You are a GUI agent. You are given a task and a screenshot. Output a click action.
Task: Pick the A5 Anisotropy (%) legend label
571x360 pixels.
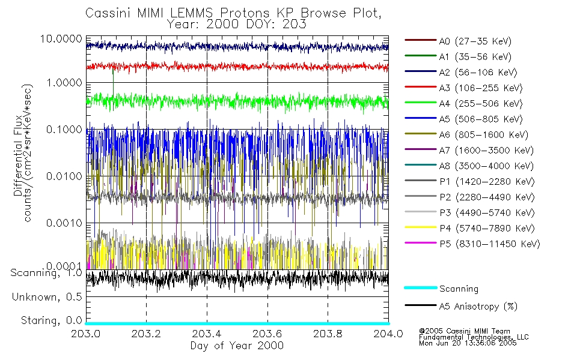coord(478,307)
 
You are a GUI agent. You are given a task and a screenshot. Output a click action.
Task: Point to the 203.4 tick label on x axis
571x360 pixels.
coord(207,334)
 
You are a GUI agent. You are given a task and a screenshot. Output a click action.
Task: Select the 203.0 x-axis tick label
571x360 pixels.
coord(86,334)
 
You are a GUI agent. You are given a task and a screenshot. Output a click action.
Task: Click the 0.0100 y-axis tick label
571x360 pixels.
coord(66,176)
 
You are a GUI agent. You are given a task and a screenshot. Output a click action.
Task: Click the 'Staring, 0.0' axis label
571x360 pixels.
coord(51,319)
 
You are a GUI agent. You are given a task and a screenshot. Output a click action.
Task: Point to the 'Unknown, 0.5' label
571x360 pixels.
coord(47,296)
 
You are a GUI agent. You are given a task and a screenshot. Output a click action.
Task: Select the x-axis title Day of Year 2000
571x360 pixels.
coord(237,346)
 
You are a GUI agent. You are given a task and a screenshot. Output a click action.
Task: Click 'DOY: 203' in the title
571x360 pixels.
coord(282,25)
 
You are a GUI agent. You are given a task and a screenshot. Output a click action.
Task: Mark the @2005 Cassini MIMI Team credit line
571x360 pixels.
coord(465,331)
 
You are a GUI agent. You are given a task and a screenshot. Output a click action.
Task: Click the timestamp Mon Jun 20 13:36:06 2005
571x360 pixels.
coord(468,344)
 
